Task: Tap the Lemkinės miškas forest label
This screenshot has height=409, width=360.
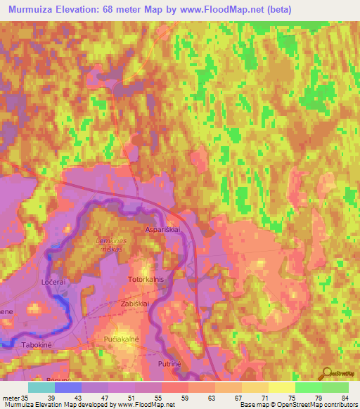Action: pyautogui.click(x=113, y=245)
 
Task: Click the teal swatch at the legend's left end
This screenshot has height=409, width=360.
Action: pyautogui.click(x=41, y=387)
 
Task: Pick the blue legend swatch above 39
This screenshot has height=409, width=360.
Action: pyautogui.click(x=67, y=387)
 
